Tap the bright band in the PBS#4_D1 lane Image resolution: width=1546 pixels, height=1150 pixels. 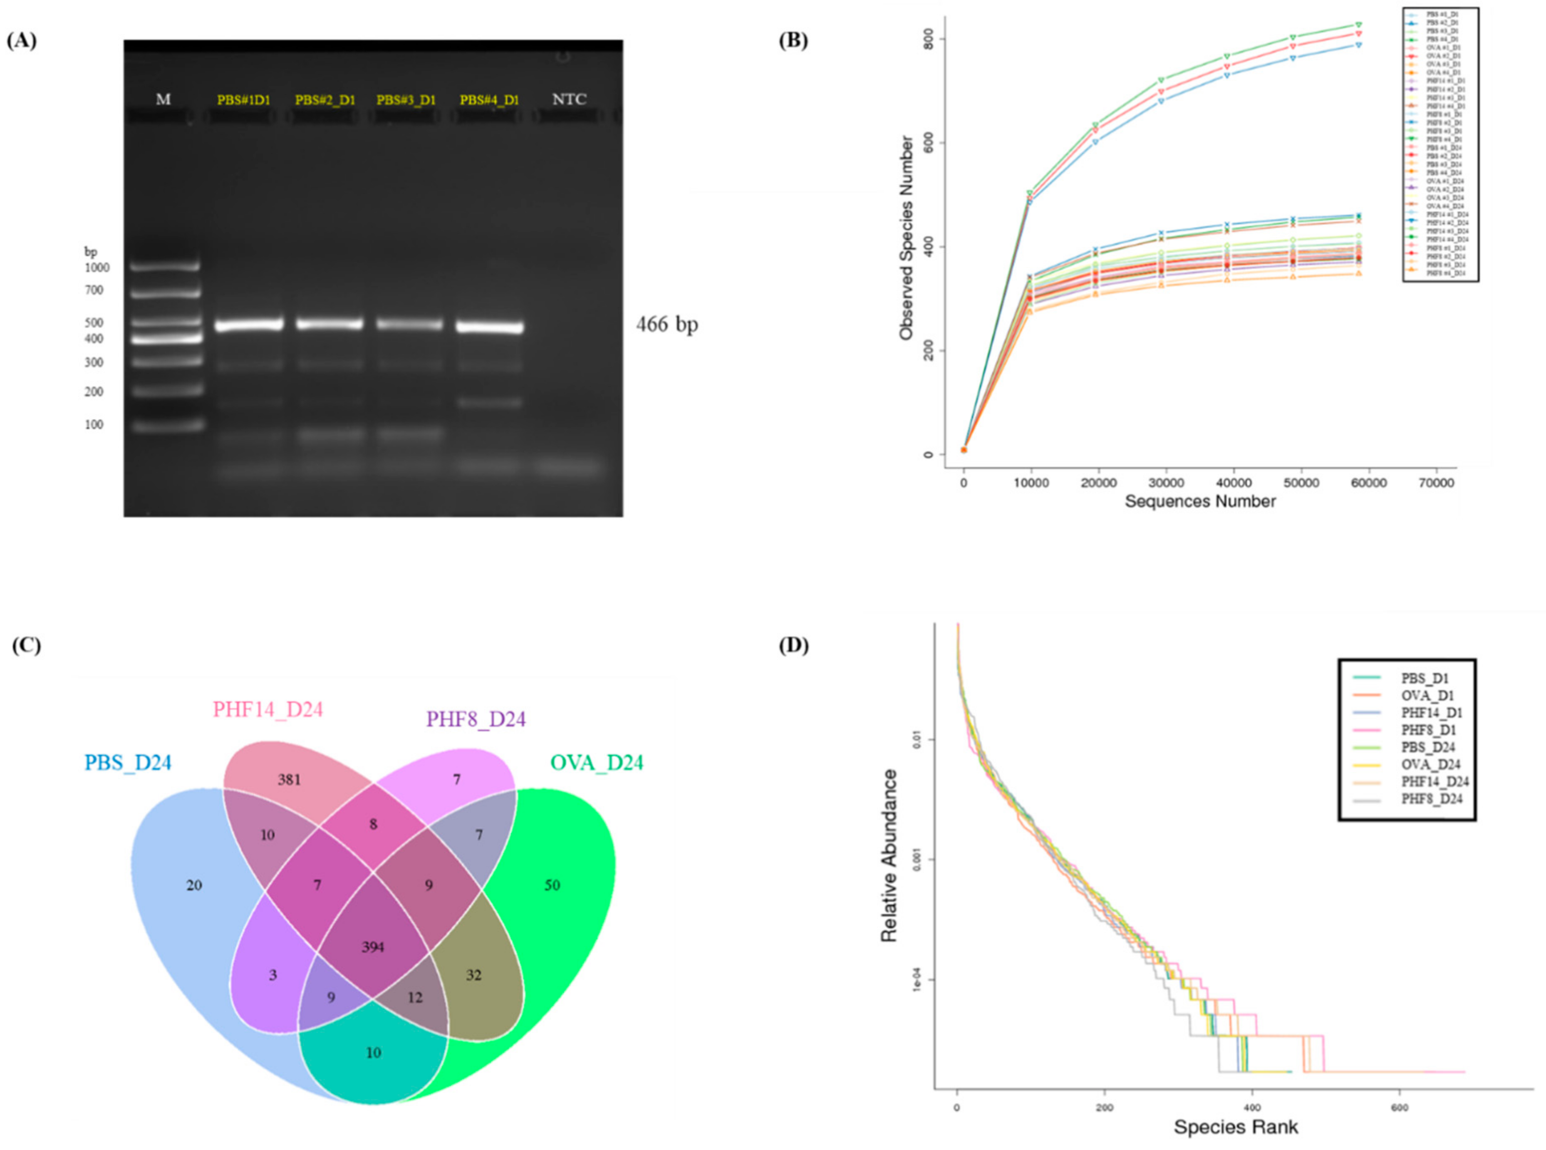tap(489, 327)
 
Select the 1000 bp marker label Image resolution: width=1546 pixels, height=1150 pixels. tap(97, 267)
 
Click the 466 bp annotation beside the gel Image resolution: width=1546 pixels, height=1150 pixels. tap(666, 325)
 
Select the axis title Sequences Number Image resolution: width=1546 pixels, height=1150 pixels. tap(1200, 501)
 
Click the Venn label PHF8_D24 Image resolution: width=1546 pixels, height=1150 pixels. tap(476, 719)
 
